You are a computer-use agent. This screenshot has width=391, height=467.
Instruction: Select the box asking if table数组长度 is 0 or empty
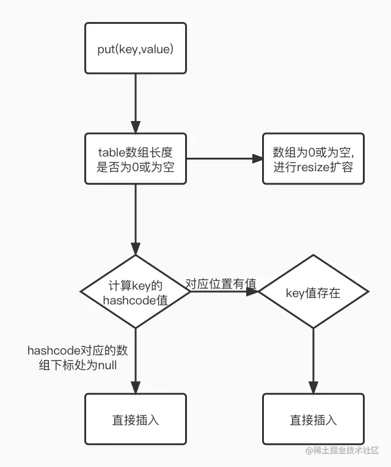pyautogui.click(x=135, y=158)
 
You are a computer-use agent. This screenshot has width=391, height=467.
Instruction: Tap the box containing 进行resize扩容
pyautogui.click(x=313, y=158)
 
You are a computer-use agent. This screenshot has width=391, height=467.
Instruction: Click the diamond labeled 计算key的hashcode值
pyautogui.click(x=135, y=292)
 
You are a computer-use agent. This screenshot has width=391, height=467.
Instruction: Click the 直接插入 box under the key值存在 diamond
pyautogui.click(x=313, y=419)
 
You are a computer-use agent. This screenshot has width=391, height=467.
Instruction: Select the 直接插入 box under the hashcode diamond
pyautogui.click(x=135, y=419)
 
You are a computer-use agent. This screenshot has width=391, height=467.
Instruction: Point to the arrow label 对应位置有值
pyautogui.click(x=221, y=284)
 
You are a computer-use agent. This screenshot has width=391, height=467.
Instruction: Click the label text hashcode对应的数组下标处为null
pyautogui.click(x=72, y=358)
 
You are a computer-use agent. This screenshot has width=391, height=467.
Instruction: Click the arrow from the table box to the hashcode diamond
pyautogui.click(x=135, y=220)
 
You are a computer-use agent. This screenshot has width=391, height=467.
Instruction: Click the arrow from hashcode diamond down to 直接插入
pyautogui.click(x=135, y=361)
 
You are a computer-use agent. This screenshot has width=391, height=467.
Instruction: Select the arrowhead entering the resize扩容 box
pyautogui.click(x=257, y=159)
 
